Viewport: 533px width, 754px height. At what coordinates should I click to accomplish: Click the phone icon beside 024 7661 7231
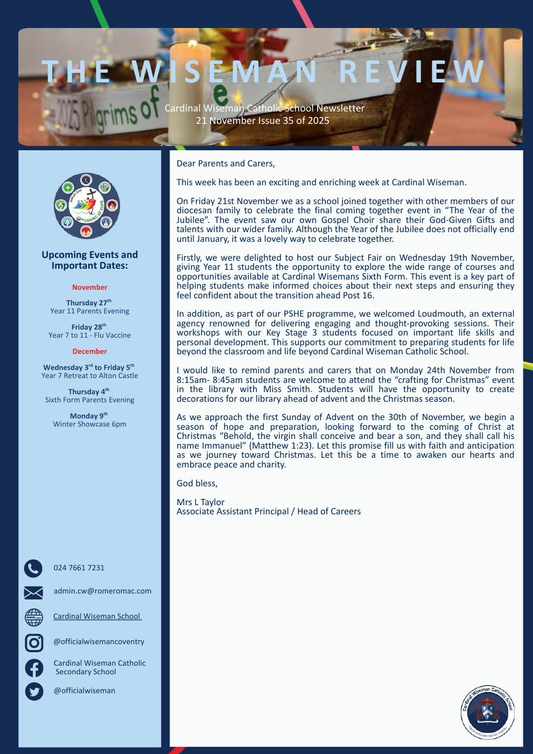coord(33,568)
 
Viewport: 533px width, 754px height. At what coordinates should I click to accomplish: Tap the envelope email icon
coord(33,592)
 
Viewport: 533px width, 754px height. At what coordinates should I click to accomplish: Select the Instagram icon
coord(34,642)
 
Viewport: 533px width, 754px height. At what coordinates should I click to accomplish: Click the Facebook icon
coord(34,668)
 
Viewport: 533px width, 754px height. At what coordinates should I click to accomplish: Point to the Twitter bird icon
coord(34,691)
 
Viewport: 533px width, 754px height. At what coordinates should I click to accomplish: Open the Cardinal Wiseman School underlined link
coord(97,616)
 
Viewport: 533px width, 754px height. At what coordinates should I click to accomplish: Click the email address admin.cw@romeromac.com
coord(102,591)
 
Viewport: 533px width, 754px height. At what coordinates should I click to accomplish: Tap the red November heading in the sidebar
coord(90,288)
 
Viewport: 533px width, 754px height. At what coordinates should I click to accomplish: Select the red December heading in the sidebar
coord(90,352)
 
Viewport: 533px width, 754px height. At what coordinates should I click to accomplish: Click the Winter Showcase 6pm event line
coord(90,424)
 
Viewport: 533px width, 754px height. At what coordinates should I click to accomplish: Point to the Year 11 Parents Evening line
coord(90,311)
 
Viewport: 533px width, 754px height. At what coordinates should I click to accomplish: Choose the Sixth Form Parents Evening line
coord(90,400)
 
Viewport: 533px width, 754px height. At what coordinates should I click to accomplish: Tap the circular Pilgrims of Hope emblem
coord(87,206)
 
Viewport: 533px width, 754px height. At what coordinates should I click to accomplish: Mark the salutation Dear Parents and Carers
coord(226,163)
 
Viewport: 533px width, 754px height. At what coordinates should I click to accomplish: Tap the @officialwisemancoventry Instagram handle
coord(99,642)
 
